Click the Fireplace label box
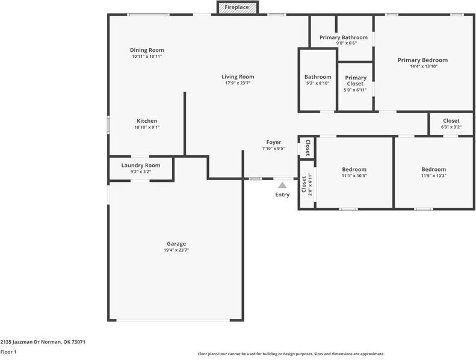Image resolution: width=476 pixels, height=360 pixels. pyautogui.click(x=237, y=7)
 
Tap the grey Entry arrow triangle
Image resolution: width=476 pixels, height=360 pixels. pyautogui.click(x=282, y=185)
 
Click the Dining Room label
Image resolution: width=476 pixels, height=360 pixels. pyautogui.click(x=147, y=50)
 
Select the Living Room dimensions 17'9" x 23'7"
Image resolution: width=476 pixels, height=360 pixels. pyautogui.click(x=238, y=83)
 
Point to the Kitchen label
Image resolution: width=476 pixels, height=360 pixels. pyautogui.click(x=147, y=121)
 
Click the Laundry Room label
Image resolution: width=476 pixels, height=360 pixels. pyautogui.click(x=141, y=165)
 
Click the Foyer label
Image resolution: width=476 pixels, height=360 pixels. pyautogui.click(x=274, y=142)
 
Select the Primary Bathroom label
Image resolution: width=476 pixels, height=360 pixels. pyautogui.click(x=343, y=37)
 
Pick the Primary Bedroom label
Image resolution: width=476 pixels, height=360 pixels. pyautogui.click(x=422, y=60)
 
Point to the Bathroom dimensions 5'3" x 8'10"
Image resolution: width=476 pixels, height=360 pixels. pyautogui.click(x=318, y=84)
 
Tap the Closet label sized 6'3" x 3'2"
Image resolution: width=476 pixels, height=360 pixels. pyautogui.click(x=451, y=121)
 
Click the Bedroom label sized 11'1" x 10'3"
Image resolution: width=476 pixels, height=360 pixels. pyautogui.click(x=354, y=169)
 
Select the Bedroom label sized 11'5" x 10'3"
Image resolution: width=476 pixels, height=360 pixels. pyautogui.click(x=433, y=169)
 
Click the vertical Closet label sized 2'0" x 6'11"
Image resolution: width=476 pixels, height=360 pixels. pyautogui.click(x=303, y=186)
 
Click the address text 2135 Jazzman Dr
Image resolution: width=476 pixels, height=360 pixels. pyautogui.click(x=43, y=341)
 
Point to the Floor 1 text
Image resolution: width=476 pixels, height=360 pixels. pyautogui.click(x=8, y=352)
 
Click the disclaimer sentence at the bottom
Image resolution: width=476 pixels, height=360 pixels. pyautogui.click(x=291, y=354)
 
